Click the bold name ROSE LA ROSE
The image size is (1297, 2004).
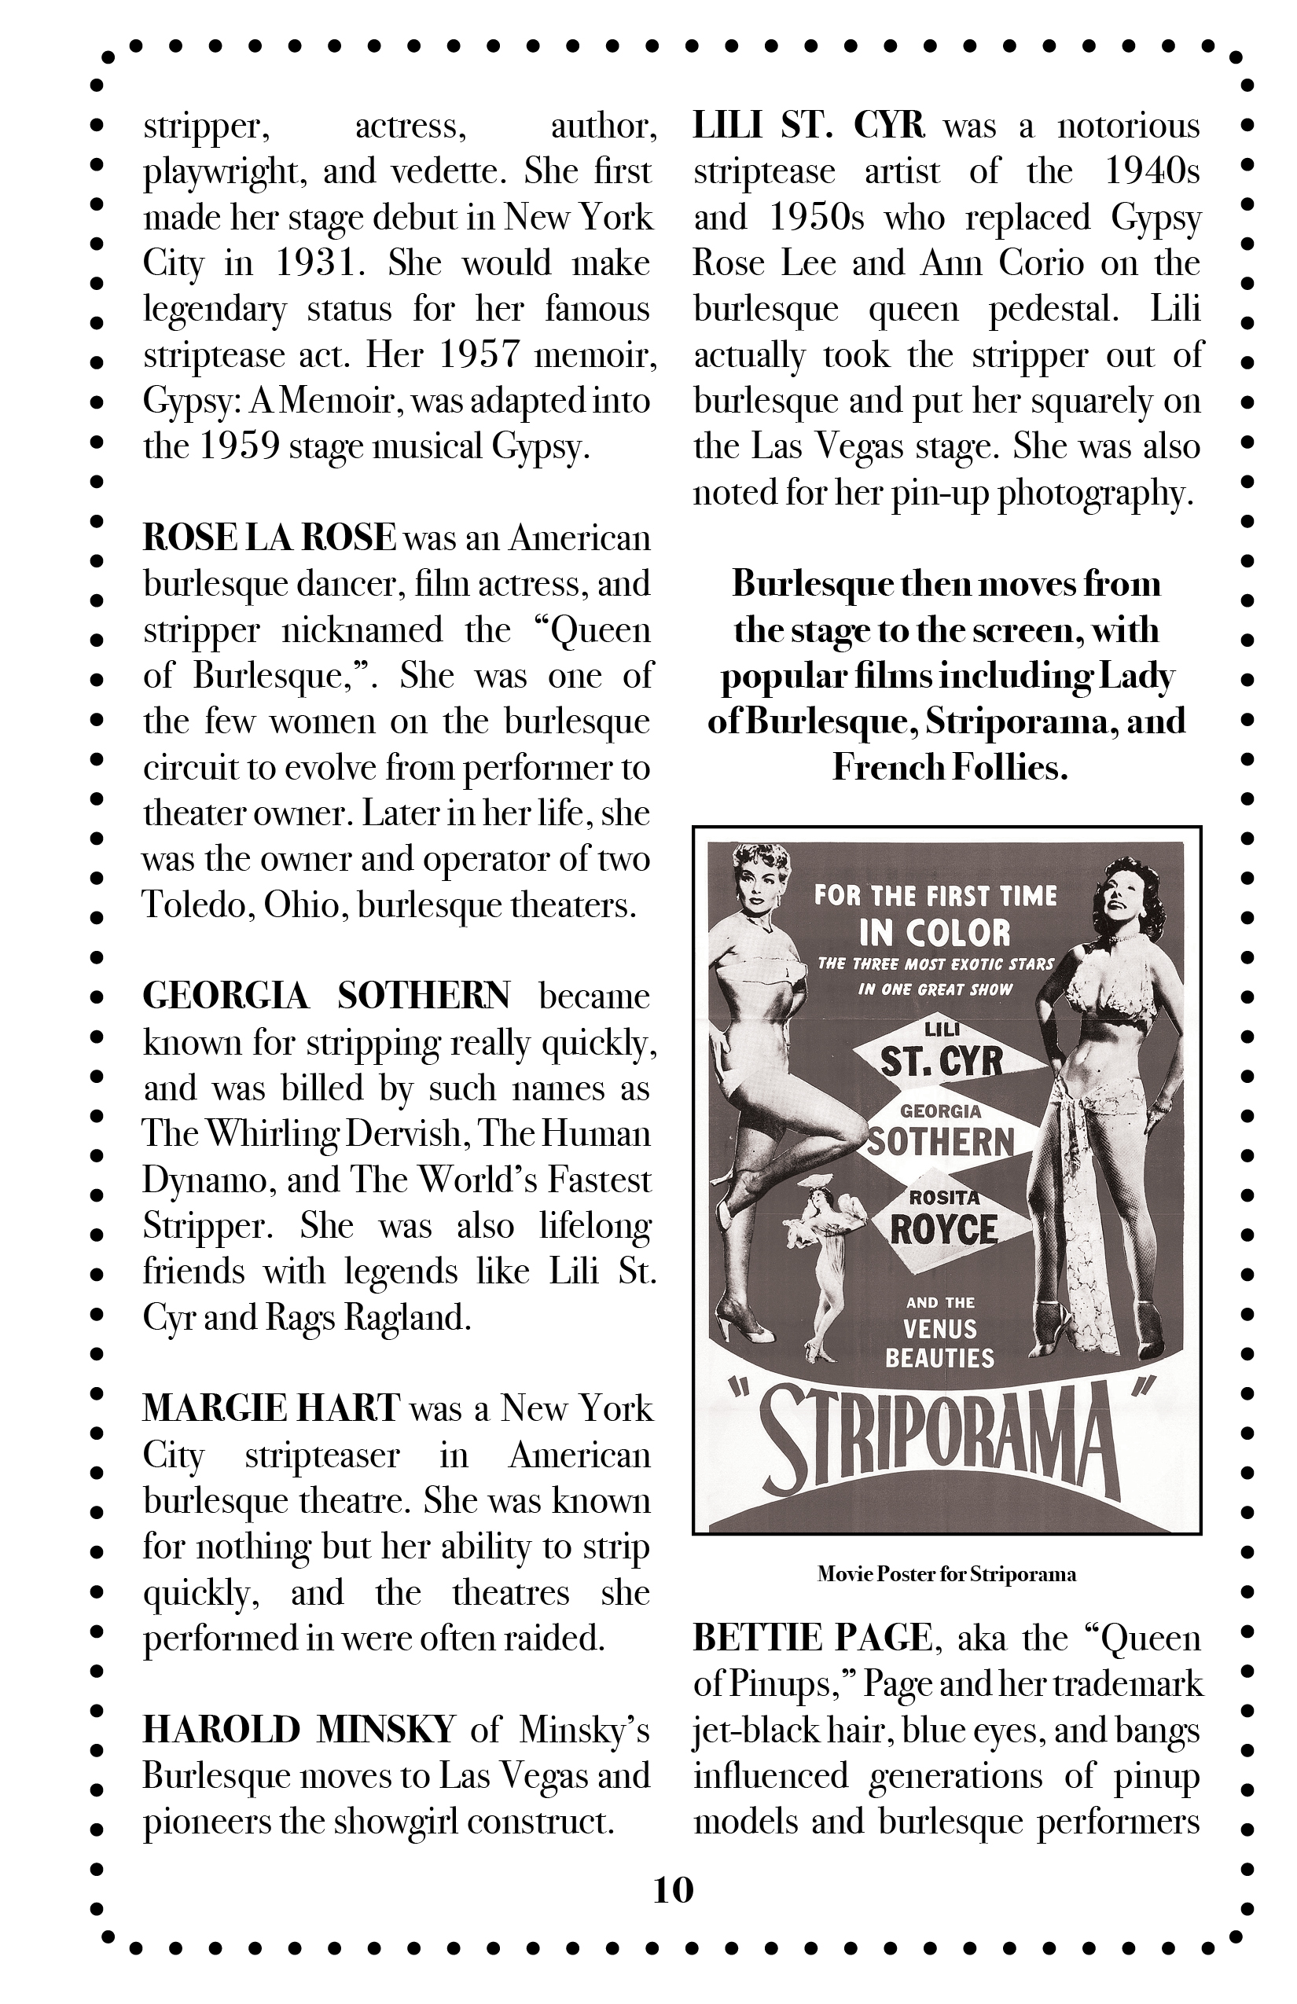pyautogui.click(x=269, y=538)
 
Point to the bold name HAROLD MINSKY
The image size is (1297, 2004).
pyautogui.click(x=299, y=1730)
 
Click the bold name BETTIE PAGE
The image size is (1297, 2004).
pyautogui.click(x=812, y=1638)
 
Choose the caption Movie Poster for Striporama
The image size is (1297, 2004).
pyautogui.click(x=946, y=1573)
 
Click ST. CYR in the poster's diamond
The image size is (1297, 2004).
pyautogui.click(x=941, y=1063)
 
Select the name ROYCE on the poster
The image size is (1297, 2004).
pyautogui.click(x=943, y=1230)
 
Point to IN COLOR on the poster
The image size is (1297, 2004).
pyautogui.click(x=934, y=932)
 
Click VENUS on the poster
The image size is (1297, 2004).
pyautogui.click(x=940, y=1329)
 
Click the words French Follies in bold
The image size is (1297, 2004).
pyautogui.click(x=950, y=767)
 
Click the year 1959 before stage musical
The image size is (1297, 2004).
pyautogui.click(x=239, y=446)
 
